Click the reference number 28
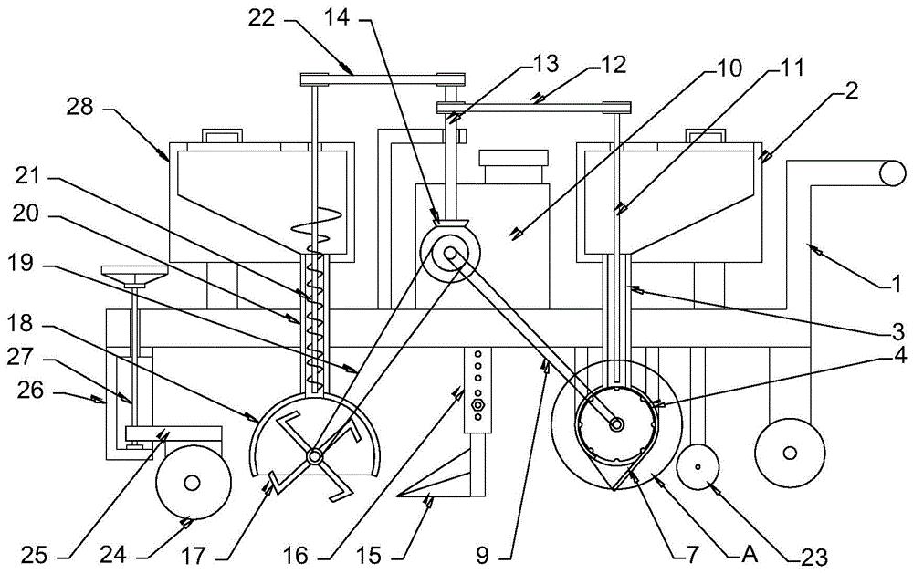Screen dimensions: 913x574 pos(80,107)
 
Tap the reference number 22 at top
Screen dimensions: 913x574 pos(261,18)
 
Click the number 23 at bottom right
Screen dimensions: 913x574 pos(813,557)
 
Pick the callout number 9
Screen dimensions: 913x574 pos(482,556)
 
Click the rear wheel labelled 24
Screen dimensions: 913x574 pos(193,482)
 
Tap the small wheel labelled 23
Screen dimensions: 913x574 pos(698,467)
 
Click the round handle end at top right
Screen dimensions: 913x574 pos(893,172)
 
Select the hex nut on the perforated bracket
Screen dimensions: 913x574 pos(477,404)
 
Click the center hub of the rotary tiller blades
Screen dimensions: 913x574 pos(314,457)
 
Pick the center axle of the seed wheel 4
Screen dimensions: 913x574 pos(616,425)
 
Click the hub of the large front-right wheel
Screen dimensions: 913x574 pos(790,453)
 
